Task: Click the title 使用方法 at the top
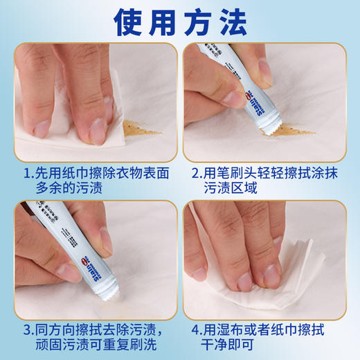(x=180, y=23)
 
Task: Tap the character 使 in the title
(x=130, y=23)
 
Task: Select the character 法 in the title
(x=231, y=23)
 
